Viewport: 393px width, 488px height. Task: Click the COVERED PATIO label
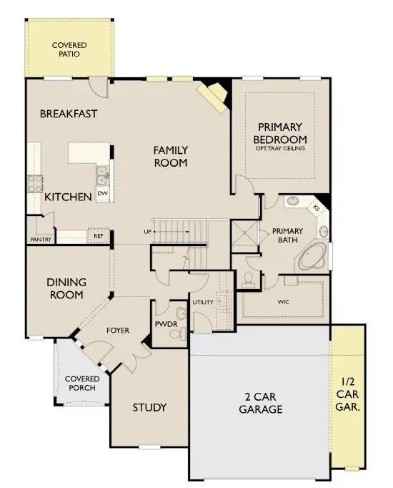click(x=70, y=49)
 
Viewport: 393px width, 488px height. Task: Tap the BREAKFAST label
click(x=69, y=114)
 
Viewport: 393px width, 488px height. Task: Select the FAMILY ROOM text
click(x=171, y=157)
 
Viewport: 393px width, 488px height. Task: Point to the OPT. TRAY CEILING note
click(x=280, y=149)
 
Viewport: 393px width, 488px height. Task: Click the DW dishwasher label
click(x=102, y=193)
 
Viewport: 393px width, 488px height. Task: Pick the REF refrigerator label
click(x=97, y=235)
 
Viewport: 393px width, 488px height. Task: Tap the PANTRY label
click(x=41, y=240)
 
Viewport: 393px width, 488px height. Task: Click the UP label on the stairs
click(x=147, y=232)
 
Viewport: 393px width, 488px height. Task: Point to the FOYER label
click(x=118, y=331)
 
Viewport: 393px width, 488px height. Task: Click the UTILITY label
click(x=202, y=303)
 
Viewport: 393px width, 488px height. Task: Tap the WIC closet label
click(x=284, y=302)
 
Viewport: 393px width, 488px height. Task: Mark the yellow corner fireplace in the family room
click(x=212, y=94)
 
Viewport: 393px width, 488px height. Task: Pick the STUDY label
click(x=150, y=408)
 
